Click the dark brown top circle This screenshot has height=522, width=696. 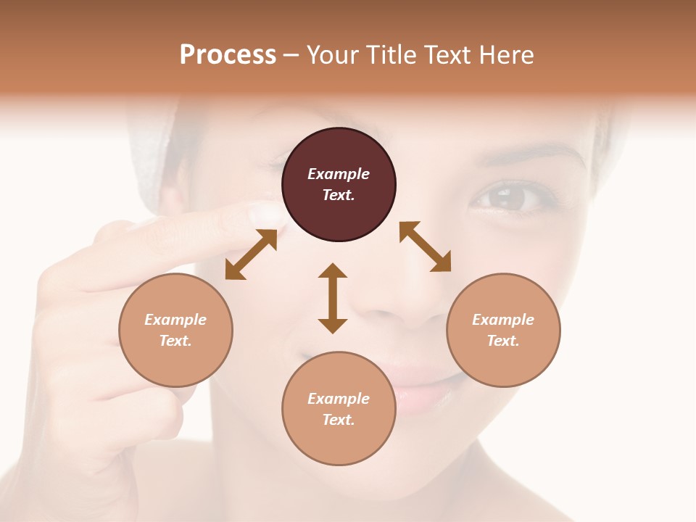tap(339, 185)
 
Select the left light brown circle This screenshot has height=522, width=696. tap(175, 331)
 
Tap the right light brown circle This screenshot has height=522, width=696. tap(503, 331)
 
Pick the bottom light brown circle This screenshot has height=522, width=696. tap(339, 409)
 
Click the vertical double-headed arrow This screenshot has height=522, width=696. tap(333, 298)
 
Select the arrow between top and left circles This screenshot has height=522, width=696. tap(251, 254)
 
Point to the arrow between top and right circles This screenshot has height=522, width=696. tap(425, 246)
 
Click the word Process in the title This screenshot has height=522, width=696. tap(228, 54)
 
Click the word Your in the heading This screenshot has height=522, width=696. tap(332, 54)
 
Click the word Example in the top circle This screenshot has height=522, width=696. tap(339, 174)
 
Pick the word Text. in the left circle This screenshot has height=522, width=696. tap(175, 341)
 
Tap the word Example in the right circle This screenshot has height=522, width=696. tap(503, 320)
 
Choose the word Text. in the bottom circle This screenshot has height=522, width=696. tap(339, 420)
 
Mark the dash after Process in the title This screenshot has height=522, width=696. tap(291, 55)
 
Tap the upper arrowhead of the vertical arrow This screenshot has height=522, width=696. tap(333, 272)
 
